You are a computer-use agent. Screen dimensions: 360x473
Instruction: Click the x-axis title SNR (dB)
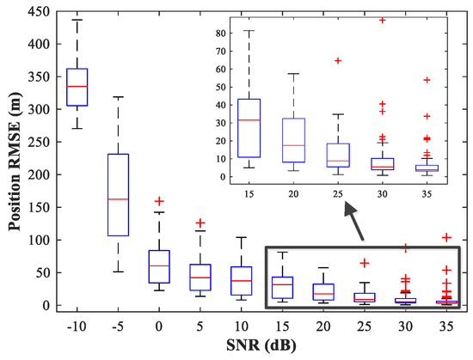coord(258,347)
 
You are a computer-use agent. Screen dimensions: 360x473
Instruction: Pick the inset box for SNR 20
coord(293,140)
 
